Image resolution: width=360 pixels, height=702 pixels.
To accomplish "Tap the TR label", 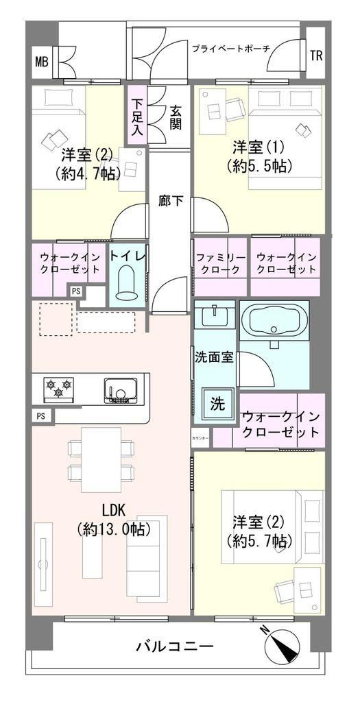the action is [x=316, y=56].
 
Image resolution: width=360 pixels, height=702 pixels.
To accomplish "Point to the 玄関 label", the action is [x=175, y=117].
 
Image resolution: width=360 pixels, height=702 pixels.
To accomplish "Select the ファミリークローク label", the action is [x=220, y=264].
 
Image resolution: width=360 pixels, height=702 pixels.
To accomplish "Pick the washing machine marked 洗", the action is [x=217, y=404].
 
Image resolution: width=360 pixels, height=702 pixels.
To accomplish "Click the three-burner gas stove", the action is [x=59, y=388].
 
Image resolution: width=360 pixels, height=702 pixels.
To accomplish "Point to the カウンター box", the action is [x=200, y=437].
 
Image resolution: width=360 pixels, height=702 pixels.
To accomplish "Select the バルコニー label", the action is [x=175, y=646].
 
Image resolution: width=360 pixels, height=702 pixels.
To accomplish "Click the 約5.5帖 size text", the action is [x=259, y=167].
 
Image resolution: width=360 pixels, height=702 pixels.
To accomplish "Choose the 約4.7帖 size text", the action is [x=88, y=173].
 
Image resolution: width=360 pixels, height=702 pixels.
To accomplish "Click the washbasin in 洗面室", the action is [x=215, y=316].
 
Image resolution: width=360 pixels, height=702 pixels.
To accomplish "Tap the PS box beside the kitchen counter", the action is [x=41, y=416].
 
